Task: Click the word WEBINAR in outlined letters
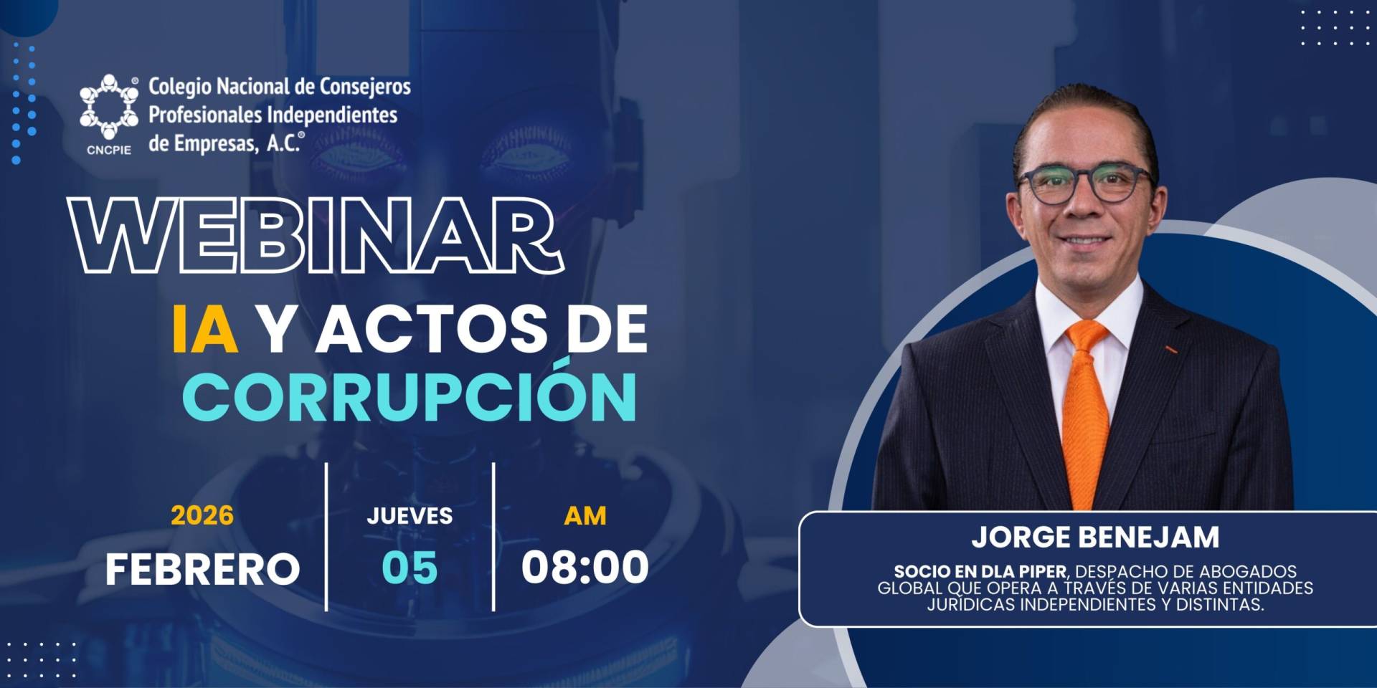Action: point(316,235)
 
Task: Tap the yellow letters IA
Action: point(205,329)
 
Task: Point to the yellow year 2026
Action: point(202,515)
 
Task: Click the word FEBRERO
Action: point(202,569)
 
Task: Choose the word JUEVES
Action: point(410,515)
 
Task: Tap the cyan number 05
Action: point(410,568)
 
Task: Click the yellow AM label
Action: point(585,515)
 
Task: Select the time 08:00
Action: point(585,567)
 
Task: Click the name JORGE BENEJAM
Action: point(1095,537)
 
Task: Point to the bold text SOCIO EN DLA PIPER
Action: point(980,572)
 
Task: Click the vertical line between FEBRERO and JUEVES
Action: point(326,537)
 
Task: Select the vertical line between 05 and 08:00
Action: point(493,537)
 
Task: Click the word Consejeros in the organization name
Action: point(365,87)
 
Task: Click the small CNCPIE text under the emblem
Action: point(109,150)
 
